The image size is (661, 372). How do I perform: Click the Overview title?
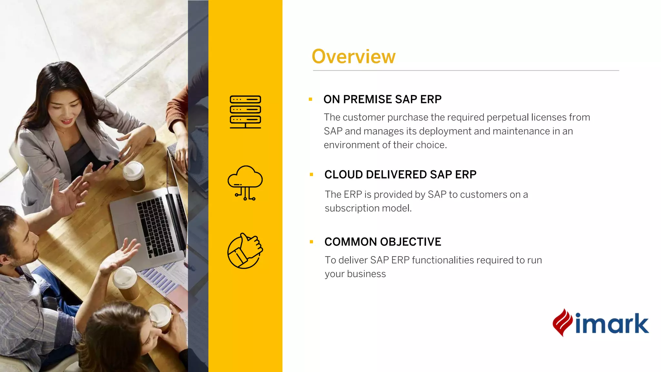click(x=353, y=57)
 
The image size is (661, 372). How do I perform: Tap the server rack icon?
click(x=245, y=112)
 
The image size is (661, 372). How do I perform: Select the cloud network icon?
click(x=245, y=183)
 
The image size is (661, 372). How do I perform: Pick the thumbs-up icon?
click(x=245, y=251)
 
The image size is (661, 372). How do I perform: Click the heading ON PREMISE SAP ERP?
click(x=382, y=99)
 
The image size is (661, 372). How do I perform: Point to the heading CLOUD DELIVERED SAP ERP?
click(x=400, y=175)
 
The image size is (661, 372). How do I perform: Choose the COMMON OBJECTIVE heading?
click(x=383, y=242)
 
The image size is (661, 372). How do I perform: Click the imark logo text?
click(x=612, y=324)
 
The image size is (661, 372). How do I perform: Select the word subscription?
click(x=352, y=209)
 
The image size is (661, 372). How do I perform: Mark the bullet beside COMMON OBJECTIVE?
click(x=311, y=242)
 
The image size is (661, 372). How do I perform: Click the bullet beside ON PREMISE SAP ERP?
click(x=310, y=99)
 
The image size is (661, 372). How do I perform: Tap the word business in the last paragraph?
click(x=366, y=274)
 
